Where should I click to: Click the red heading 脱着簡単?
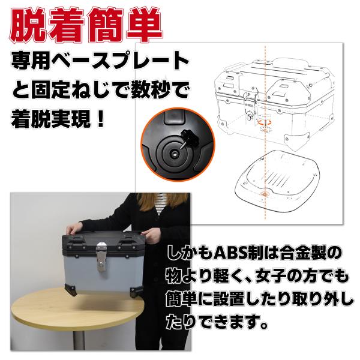[86, 25]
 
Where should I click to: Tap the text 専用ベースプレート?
[100, 61]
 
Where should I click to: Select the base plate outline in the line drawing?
[277, 181]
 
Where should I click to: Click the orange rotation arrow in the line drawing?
[264, 121]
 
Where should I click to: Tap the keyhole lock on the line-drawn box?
[250, 115]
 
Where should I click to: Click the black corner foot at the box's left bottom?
[71, 289]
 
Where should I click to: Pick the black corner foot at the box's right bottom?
[136, 292]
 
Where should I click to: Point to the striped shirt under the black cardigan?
[161, 203]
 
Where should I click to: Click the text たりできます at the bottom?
[214, 322]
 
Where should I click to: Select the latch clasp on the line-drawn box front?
[250, 97]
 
